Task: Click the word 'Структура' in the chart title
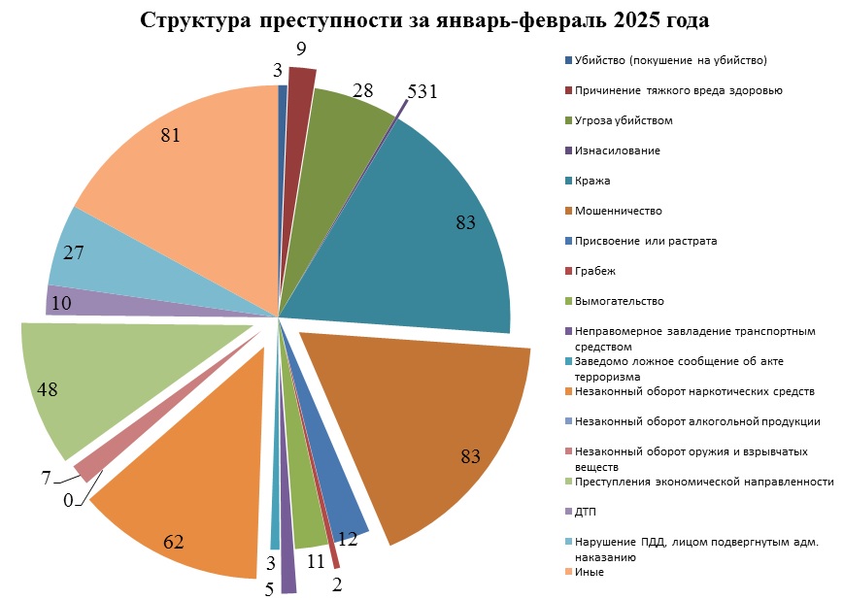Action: [194, 21]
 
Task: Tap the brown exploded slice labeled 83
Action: [437, 437]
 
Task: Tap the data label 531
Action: [422, 92]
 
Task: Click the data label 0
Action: [68, 501]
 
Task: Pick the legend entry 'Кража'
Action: [592, 181]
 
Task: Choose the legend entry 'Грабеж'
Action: [595, 271]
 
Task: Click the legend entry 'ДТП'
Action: [587, 512]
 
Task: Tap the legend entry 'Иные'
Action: [590, 572]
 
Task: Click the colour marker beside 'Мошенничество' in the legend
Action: [568, 211]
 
